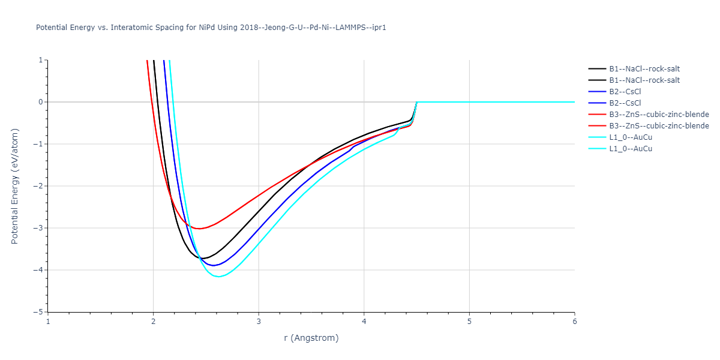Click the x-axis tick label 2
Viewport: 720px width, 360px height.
click(154, 322)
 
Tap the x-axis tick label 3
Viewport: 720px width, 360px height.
click(259, 322)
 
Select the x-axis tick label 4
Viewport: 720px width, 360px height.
click(364, 322)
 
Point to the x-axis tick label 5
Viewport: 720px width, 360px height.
click(469, 322)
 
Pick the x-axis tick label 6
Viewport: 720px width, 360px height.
click(575, 322)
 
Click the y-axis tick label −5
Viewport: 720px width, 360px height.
click(40, 312)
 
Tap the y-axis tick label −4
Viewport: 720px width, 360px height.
click(40, 270)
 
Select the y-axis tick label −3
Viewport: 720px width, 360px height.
click(40, 228)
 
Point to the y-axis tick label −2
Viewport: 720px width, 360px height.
click(40, 186)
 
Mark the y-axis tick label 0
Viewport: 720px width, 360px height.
click(41, 102)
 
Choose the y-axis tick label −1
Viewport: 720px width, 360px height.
click(40, 144)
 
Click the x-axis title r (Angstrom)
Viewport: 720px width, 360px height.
click(311, 338)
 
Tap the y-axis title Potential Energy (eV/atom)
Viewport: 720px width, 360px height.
click(15, 186)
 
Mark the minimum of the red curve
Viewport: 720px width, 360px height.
click(199, 229)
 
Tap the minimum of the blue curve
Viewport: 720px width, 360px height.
click(213, 265)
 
